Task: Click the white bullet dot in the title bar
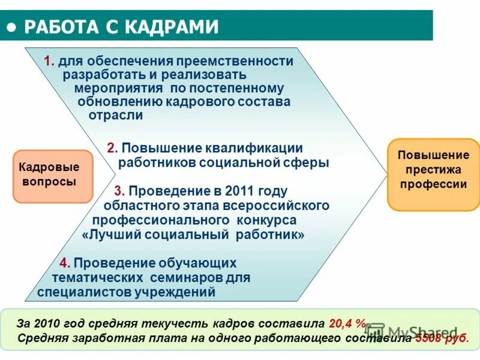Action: pyautogui.click(x=12, y=26)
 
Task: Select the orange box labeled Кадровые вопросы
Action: pyautogui.click(x=53, y=175)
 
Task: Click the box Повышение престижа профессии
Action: pyautogui.click(x=433, y=174)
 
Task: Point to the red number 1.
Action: pyautogui.click(x=49, y=61)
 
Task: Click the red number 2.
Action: pyautogui.click(x=112, y=148)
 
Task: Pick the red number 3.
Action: pyautogui.click(x=119, y=191)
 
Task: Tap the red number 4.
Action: pyautogui.click(x=65, y=263)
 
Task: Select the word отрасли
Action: pyautogui.click(x=116, y=115)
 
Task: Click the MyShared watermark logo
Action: pyautogui.click(x=414, y=332)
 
